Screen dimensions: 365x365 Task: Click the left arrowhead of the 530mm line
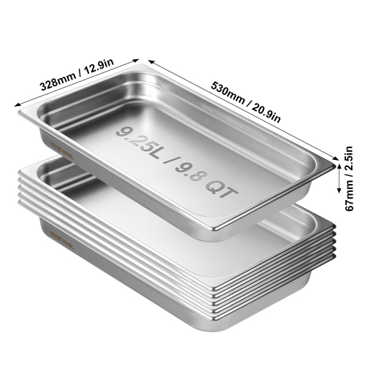150,61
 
